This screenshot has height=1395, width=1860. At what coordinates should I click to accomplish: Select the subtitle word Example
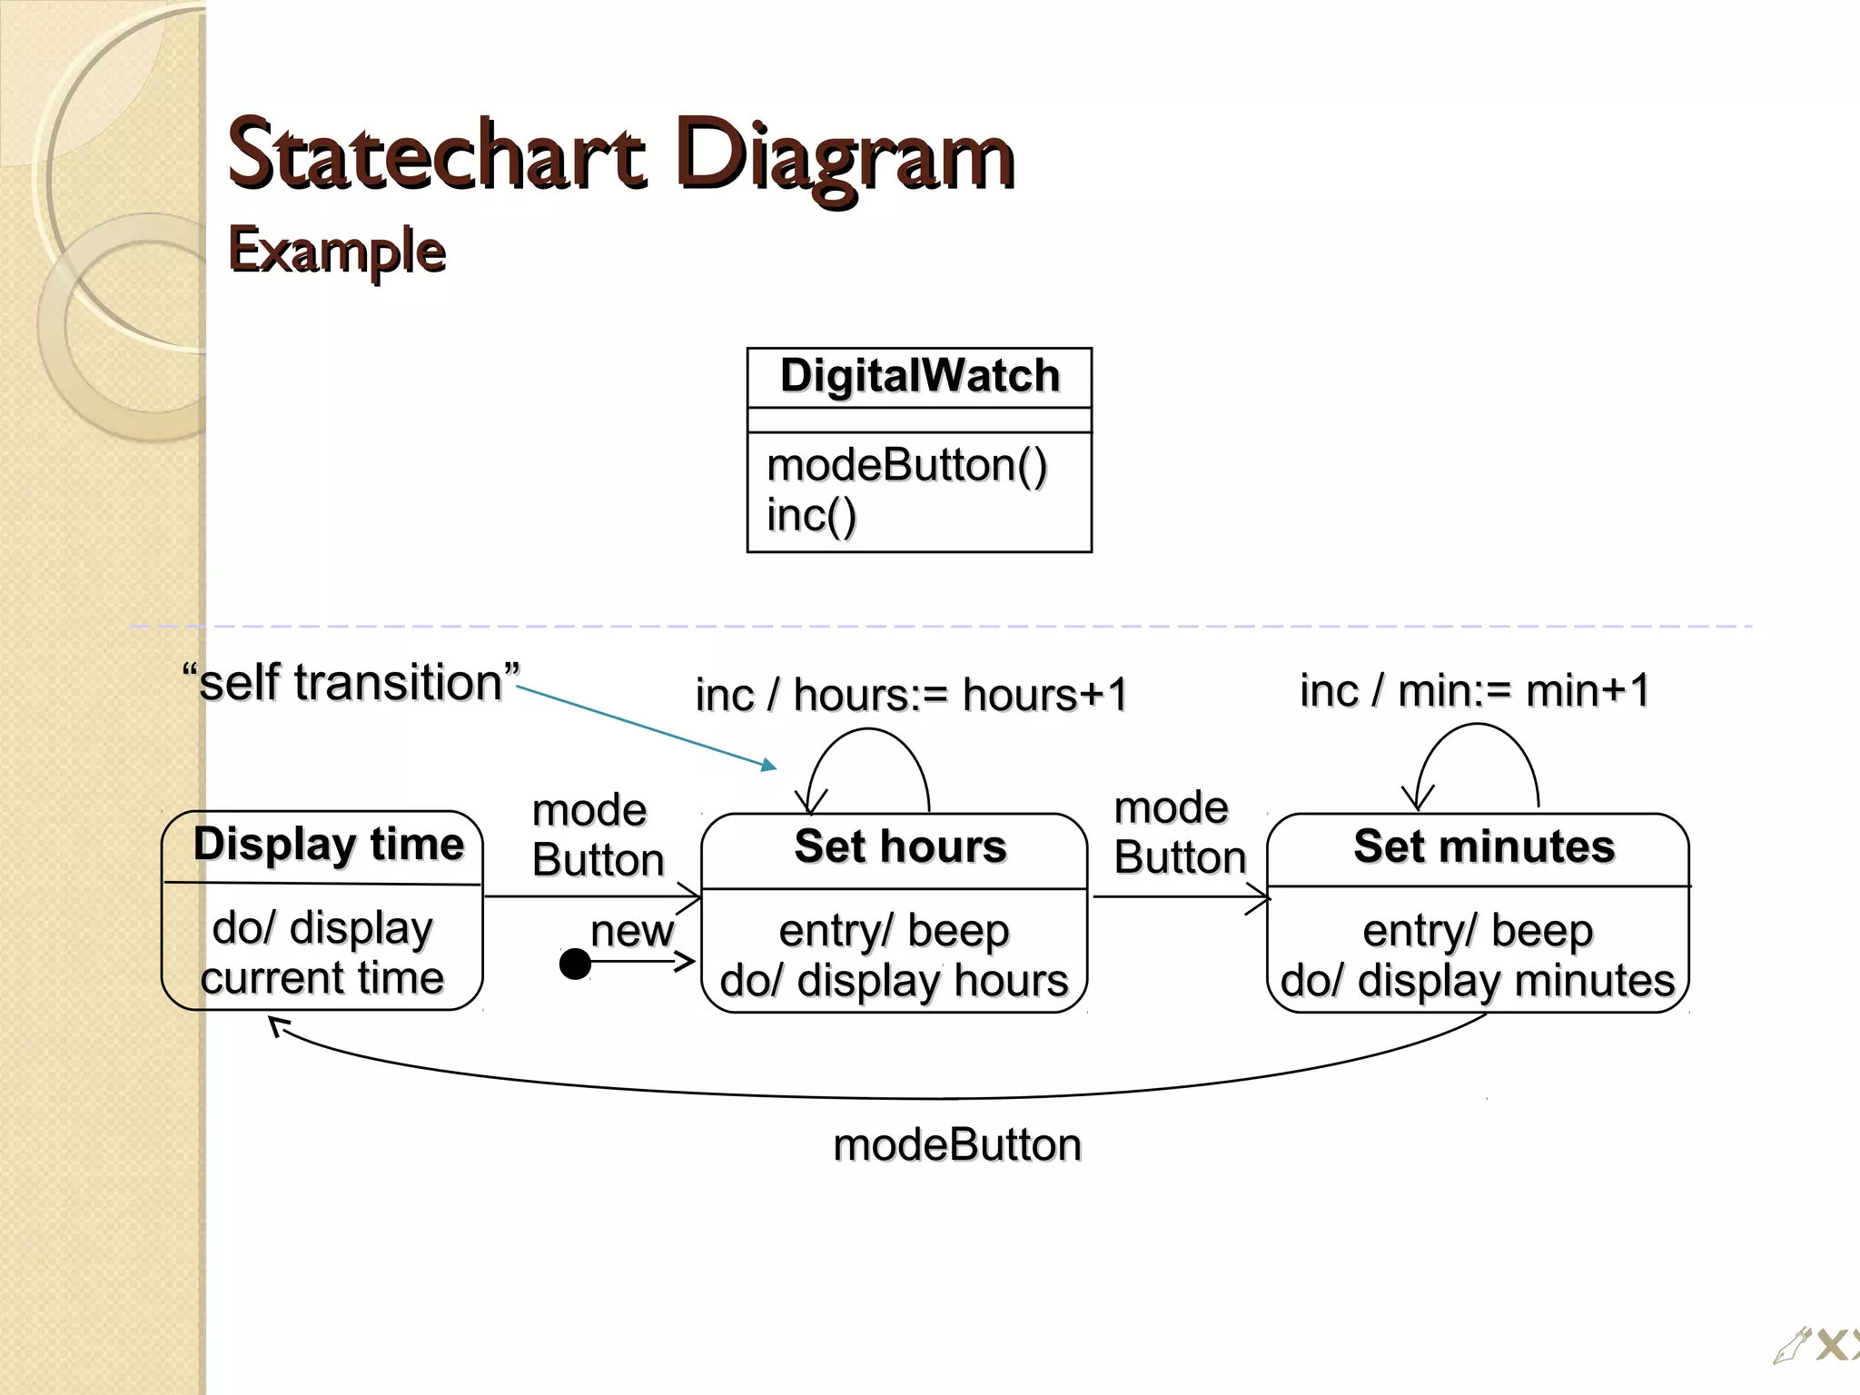[x=336, y=250]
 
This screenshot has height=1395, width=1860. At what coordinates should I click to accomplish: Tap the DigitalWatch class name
[x=919, y=376]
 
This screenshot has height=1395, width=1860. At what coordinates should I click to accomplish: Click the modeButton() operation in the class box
[x=906, y=465]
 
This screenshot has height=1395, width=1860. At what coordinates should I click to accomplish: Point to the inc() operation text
[x=811, y=515]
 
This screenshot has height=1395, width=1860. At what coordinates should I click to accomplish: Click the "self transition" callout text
[x=351, y=682]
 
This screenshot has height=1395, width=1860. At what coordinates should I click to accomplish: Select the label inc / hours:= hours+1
[x=911, y=696]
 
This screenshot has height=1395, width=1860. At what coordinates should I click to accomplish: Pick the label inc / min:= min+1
[x=1474, y=690]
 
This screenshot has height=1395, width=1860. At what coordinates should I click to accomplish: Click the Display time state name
[x=328, y=845]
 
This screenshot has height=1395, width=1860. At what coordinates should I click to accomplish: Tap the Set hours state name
[x=900, y=846]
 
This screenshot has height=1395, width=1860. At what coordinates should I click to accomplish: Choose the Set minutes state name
[x=1484, y=846]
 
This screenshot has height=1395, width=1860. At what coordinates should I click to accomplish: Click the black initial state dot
[x=575, y=964]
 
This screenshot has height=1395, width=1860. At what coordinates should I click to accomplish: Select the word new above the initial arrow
[x=632, y=931]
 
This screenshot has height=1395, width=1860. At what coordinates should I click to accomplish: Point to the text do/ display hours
[x=894, y=982]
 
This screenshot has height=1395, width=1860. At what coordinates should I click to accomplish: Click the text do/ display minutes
[x=1477, y=982]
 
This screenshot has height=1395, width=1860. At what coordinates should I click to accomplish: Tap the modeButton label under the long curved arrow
[x=957, y=1145]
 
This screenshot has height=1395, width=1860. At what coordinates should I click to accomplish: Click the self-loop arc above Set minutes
[x=1478, y=726]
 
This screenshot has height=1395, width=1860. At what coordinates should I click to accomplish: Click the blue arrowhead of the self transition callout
[x=769, y=766]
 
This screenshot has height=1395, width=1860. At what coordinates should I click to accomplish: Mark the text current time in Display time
[x=322, y=979]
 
